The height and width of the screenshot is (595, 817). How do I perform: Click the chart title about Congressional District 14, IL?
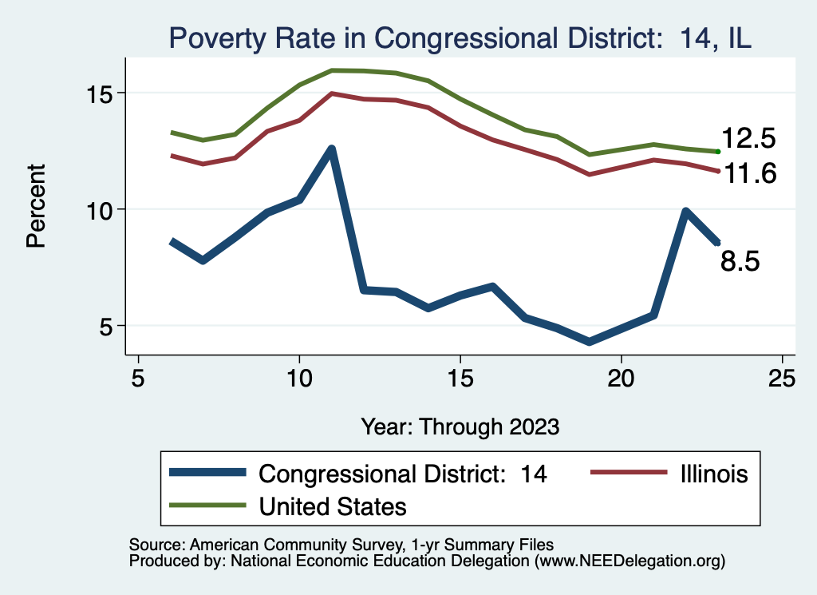[459, 38]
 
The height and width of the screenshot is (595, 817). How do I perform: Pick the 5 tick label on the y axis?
[108, 326]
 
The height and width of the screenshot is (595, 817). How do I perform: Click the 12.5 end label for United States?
[748, 139]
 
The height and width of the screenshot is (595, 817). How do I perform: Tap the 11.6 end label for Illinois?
[748, 173]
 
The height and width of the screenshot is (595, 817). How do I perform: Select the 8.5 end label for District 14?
[740, 260]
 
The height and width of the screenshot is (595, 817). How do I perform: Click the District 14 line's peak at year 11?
[331, 149]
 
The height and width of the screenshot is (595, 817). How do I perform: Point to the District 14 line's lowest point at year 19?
[590, 342]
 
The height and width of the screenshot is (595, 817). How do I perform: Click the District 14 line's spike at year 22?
[685, 212]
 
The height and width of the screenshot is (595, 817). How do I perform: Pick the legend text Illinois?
[713, 474]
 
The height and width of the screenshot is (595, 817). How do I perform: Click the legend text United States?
[332, 506]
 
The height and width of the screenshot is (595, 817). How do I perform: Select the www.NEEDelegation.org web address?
[630, 561]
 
